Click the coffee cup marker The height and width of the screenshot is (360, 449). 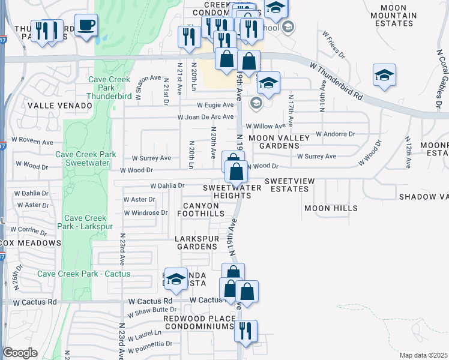[x=86, y=26]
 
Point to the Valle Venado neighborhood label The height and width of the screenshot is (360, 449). [x=60, y=106]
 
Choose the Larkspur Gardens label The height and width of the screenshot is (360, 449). [x=197, y=242]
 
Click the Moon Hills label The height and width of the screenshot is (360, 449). [x=331, y=208]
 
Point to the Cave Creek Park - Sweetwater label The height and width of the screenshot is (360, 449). [x=86, y=158]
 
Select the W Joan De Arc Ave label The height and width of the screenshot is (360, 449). [x=205, y=117]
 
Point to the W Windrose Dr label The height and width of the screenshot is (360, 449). [x=146, y=213]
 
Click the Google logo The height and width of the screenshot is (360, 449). [x=20, y=353]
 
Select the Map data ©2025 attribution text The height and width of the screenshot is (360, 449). [x=423, y=355]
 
